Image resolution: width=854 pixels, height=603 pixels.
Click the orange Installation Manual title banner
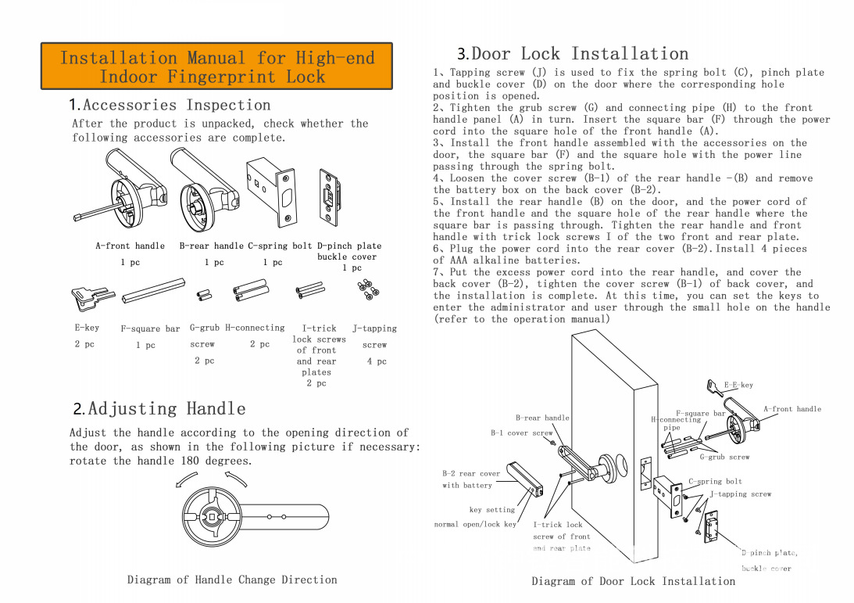tap(216, 67)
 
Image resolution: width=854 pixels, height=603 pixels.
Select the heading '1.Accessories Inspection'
tap(170, 105)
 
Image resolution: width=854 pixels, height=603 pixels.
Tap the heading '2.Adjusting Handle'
tap(159, 409)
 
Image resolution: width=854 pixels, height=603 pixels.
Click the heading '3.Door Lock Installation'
tap(573, 54)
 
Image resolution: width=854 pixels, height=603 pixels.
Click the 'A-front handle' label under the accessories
tap(130, 246)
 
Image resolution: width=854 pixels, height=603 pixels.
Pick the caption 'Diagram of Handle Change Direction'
tap(232, 580)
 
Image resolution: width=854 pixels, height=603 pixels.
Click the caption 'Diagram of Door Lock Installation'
tap(633, 581)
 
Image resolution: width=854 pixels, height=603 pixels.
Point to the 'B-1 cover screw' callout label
tap(521, 433)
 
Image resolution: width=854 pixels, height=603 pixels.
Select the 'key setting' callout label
tap(492, 510)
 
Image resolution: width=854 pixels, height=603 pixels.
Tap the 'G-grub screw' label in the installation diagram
tap(724, 457)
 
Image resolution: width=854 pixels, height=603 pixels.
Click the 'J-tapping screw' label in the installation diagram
tap(741, 494)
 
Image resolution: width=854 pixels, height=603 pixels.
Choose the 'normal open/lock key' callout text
tap(475, 524)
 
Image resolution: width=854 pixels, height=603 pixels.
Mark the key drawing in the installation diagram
tap(715, 387)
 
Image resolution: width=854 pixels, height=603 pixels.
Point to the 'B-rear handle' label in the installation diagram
tap(542, 418)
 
